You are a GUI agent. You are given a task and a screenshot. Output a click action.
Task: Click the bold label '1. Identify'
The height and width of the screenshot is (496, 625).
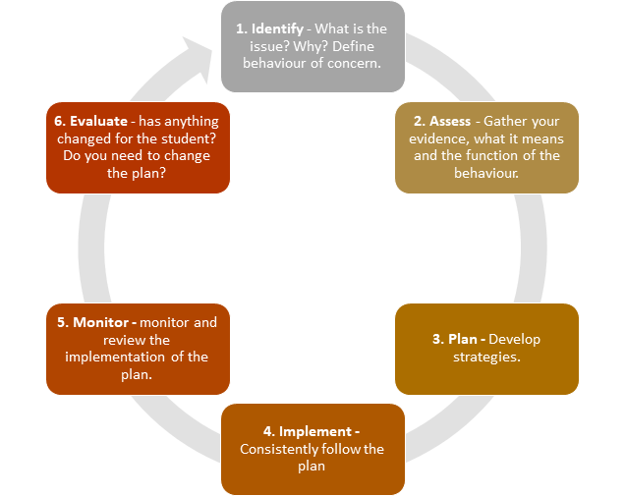[268, 28]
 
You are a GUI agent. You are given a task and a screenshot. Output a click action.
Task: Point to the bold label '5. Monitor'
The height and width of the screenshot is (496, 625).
[94, 322]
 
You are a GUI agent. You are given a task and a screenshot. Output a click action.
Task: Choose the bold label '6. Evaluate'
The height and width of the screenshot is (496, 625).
[91, 122]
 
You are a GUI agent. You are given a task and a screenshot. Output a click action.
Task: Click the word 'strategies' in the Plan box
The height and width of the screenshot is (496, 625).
[486, 356]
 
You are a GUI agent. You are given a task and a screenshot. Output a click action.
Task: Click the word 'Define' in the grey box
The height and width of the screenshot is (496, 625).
[361, 46]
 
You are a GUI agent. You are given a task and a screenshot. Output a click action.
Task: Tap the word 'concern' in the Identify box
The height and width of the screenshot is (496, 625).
[351, 64]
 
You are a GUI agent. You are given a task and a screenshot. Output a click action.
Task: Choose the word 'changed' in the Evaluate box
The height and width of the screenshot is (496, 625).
[88, 138]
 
